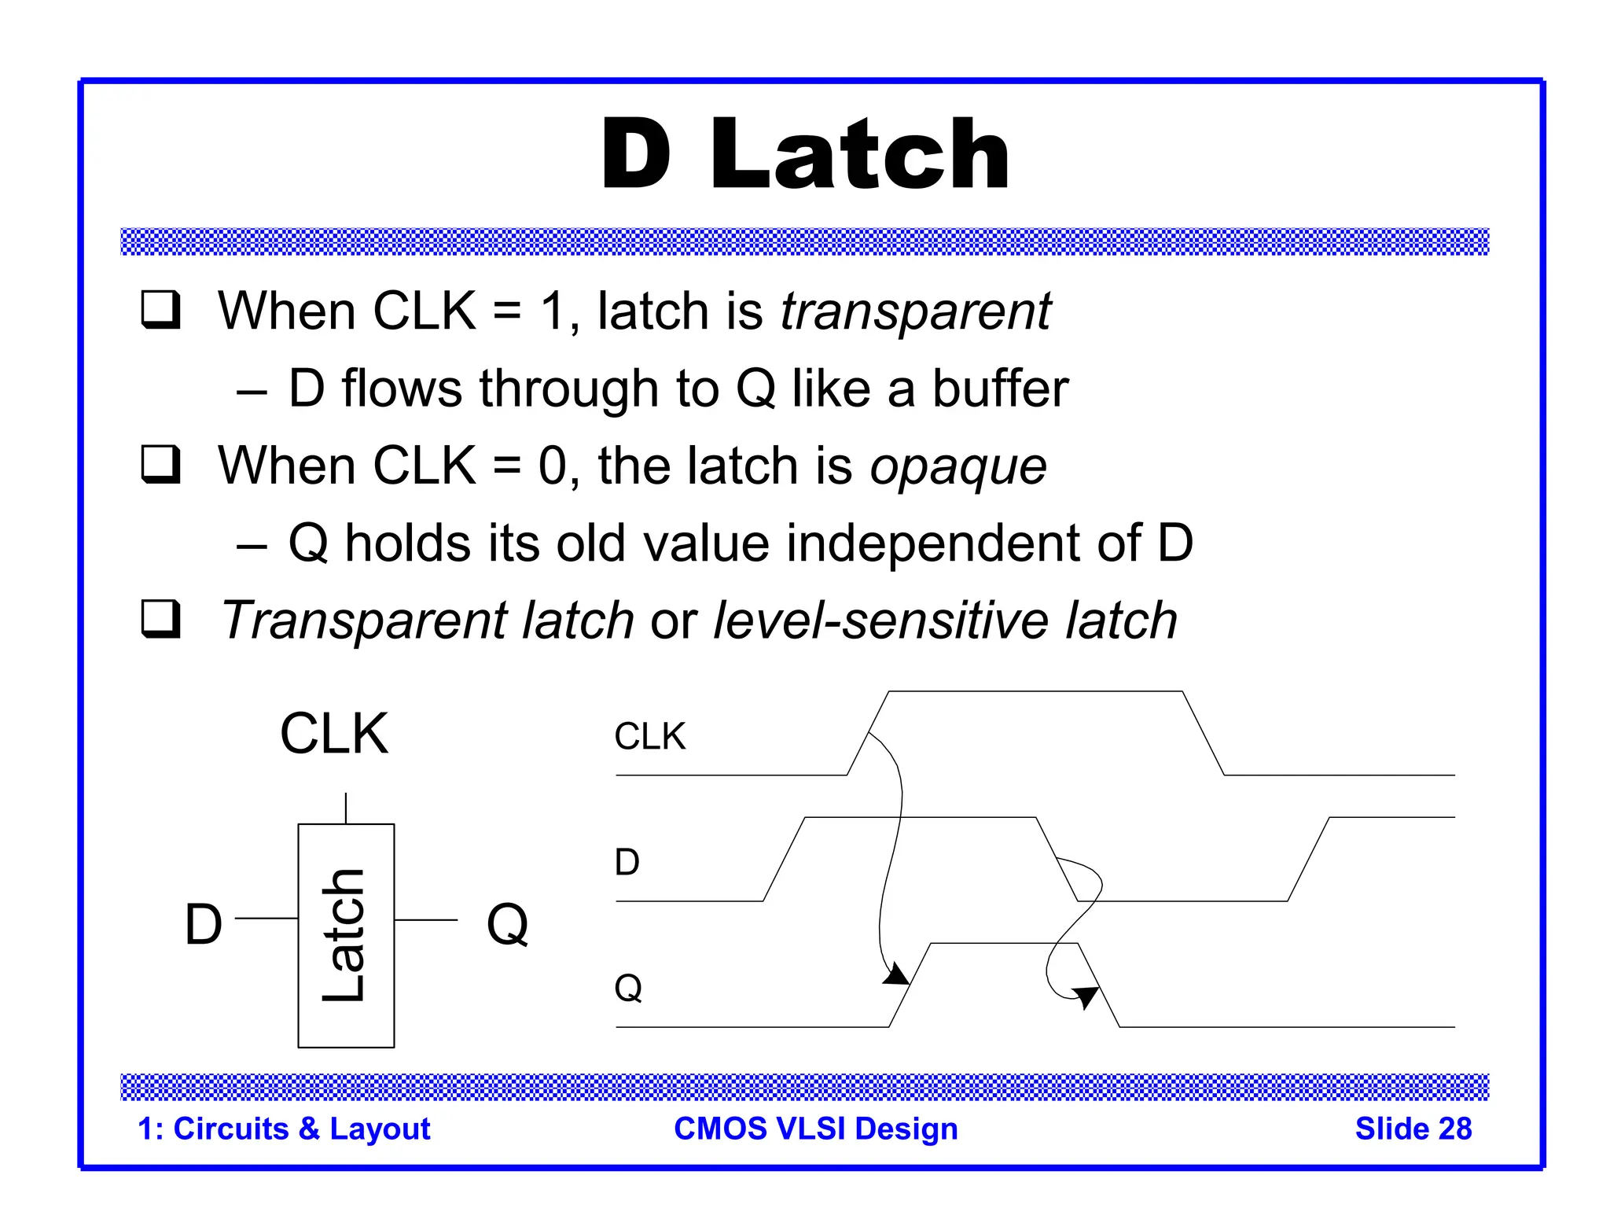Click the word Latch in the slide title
tap(859, 154)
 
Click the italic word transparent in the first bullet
tap(915, 312)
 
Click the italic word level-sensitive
tap(880, 621)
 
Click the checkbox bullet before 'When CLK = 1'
tap(161, 310)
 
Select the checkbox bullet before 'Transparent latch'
tap(161, 620)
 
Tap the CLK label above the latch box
tap(334, 734)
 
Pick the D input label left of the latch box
tap(204, 924)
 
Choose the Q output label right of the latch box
tap(507, 924)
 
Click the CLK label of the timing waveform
tap(649, 737)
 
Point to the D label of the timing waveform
tap(627, 863)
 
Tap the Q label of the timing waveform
tap(628, 988)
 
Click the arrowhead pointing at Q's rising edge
tap(896, 977)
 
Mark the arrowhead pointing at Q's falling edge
tap(1086, 997)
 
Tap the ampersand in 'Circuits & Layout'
tap(309, 1129)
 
